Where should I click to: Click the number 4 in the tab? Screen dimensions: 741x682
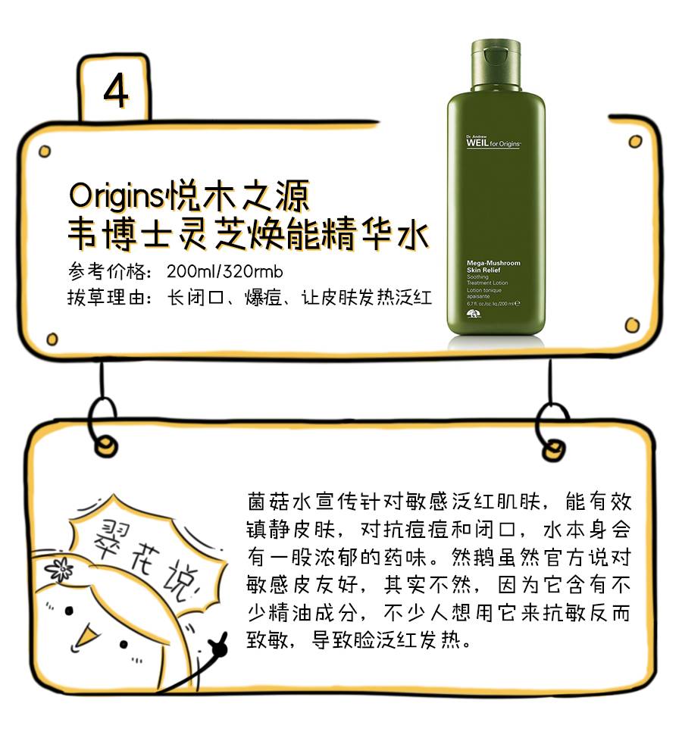[116, 92]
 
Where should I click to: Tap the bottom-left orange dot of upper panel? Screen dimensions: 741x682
[52, 339]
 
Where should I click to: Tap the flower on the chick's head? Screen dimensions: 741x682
[58, 567]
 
